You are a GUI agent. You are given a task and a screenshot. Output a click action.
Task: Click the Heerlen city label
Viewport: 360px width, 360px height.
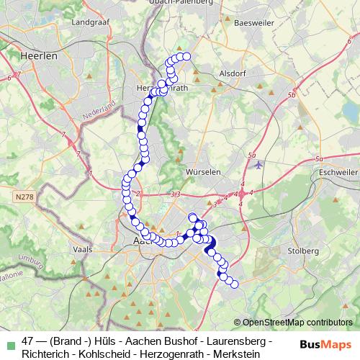pos(34,55)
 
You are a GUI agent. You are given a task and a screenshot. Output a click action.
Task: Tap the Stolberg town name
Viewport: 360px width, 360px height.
pos(304,251)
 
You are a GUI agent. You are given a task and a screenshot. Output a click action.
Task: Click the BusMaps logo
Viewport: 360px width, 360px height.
pos(325,344)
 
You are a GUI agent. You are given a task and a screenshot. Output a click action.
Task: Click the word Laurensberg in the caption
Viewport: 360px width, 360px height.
pos(238,341)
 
